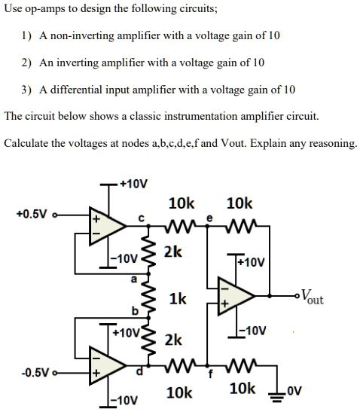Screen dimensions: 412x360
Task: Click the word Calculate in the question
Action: pos(28,143)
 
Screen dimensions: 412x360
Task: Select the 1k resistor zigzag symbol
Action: pos(156,300)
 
